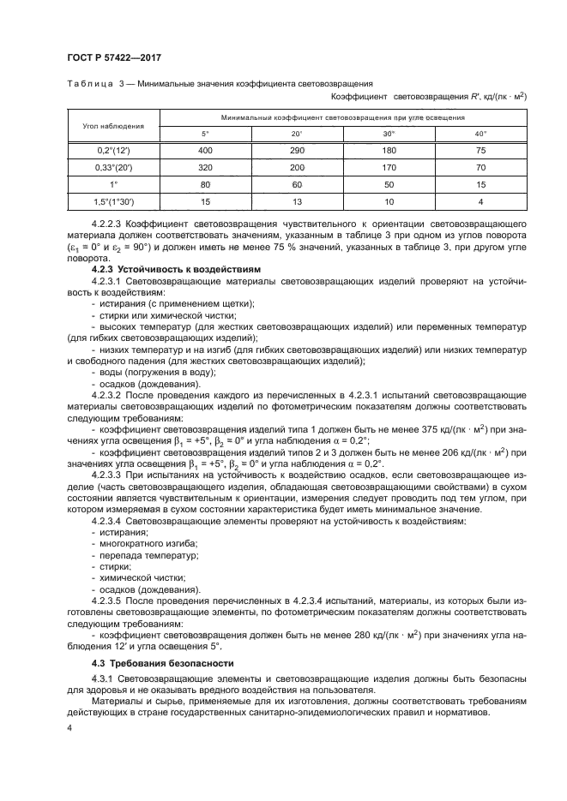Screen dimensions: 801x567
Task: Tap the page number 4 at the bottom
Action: pyautogui.click(x=68, y=726)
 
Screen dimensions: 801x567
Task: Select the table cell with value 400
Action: pyautogui.click(x=204, y=150)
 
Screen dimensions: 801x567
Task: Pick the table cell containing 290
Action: pyautogui.click(x=297, y=150)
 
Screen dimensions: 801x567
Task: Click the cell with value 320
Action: pyautogui.click(x=204, y=167)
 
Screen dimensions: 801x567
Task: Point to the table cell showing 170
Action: pyautogui.click(x=389, y=167)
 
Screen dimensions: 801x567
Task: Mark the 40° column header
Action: pyautogui.click(x=480, y=133)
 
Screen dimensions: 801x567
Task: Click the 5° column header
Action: pyautogui.click(x=204, y=133)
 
